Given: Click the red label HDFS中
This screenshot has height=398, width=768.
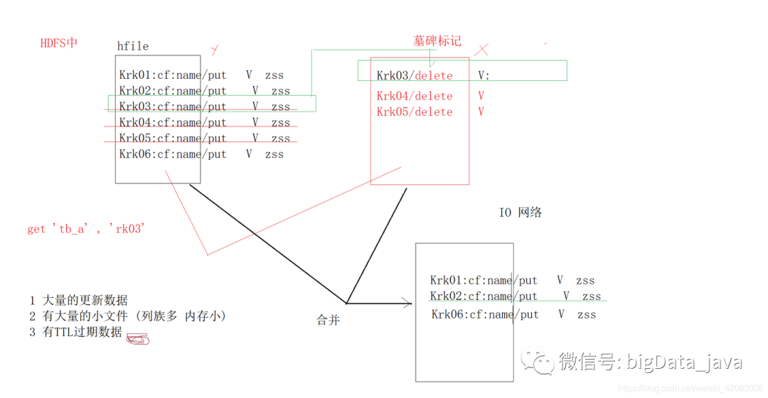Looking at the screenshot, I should coord(59,43).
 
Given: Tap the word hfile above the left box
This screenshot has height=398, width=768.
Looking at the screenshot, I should coord(133,46).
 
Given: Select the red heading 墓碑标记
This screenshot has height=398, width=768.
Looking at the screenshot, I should coord(437,41).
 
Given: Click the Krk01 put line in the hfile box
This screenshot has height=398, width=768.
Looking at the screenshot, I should coord(201,75).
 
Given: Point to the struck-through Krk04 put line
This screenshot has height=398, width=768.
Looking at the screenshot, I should coord(204,123).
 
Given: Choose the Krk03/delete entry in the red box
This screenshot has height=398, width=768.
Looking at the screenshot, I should coord(415,75).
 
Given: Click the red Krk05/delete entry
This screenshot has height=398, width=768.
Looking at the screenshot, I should coord(415,112).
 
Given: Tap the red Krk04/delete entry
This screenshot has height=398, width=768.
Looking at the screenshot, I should coord(415,96).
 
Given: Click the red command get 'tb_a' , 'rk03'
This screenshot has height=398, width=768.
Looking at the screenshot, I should coord(86,229).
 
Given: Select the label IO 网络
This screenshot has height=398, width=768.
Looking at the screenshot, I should coord(521,213).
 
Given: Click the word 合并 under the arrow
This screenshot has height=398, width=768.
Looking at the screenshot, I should coord(328,321).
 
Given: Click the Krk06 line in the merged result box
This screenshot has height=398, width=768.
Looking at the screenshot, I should coord(513,314).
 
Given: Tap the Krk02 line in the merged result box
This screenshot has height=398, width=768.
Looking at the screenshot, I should coord(515,296).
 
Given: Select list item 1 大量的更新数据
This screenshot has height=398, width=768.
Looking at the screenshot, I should coord(78,300).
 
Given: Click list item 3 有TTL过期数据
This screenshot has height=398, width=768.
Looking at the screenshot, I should coord(75,332).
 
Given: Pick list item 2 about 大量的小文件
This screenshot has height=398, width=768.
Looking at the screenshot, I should coord(127,316).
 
